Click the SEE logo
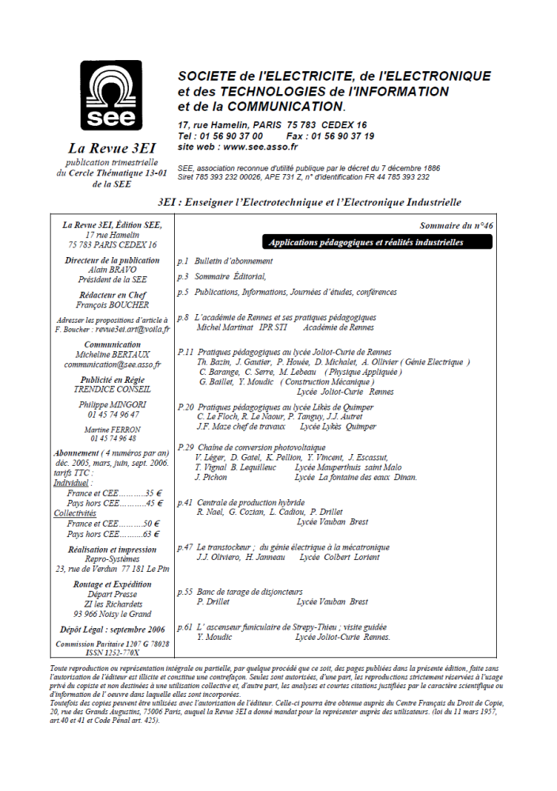(x=111, y=96)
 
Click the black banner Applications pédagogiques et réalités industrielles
(x=366, y=243)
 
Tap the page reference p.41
(x=184, y=502)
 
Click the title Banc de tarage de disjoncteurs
(x=249, y=591)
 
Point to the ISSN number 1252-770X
(x=112, y=653)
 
